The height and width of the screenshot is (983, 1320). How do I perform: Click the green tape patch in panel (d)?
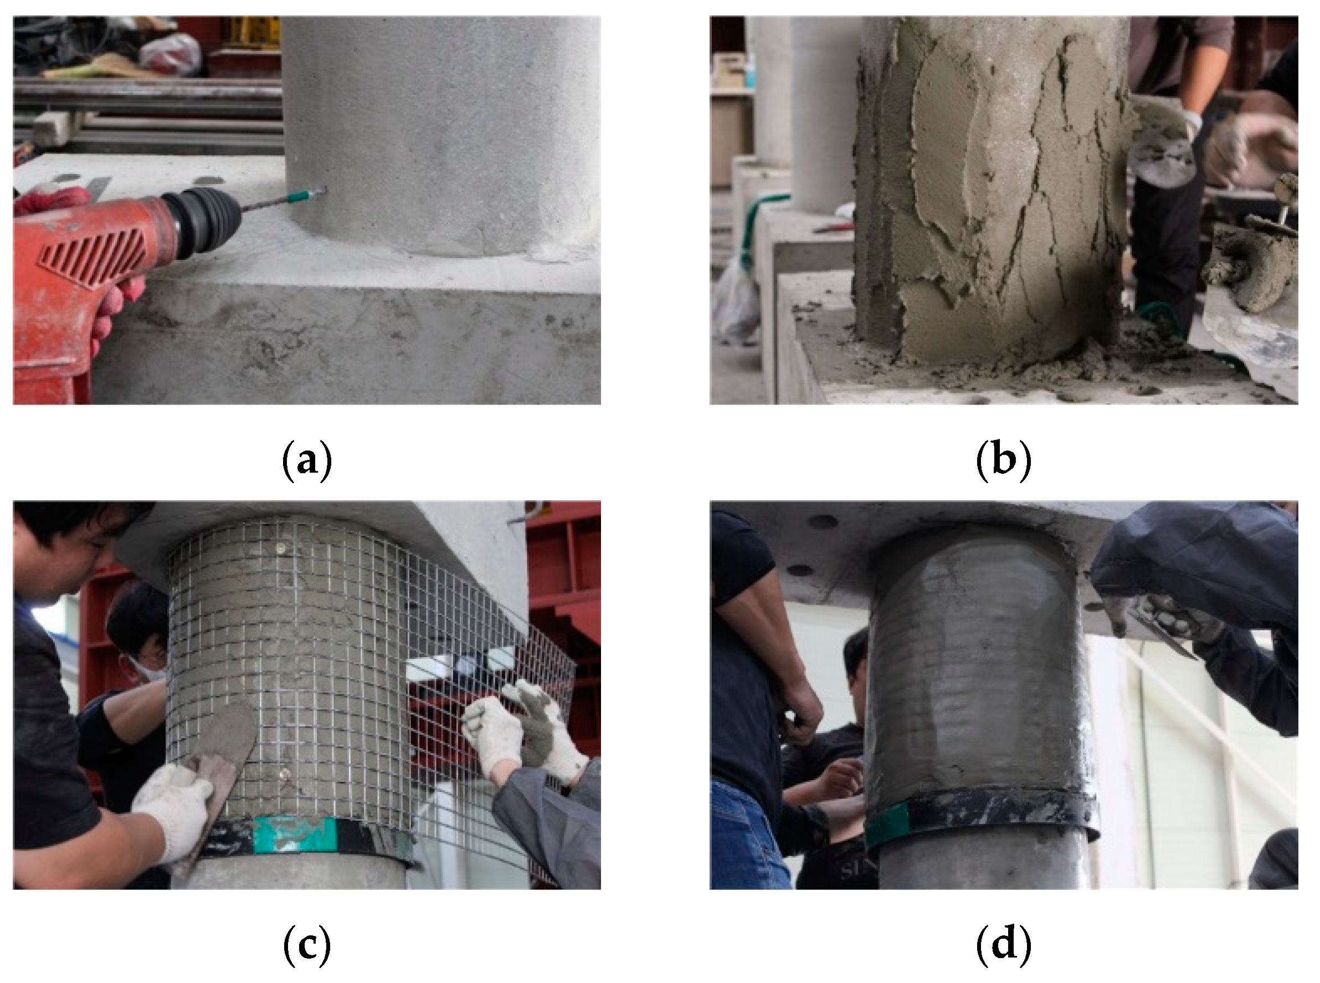point(888,822)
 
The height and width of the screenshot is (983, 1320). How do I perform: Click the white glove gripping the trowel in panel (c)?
point(172,806)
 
